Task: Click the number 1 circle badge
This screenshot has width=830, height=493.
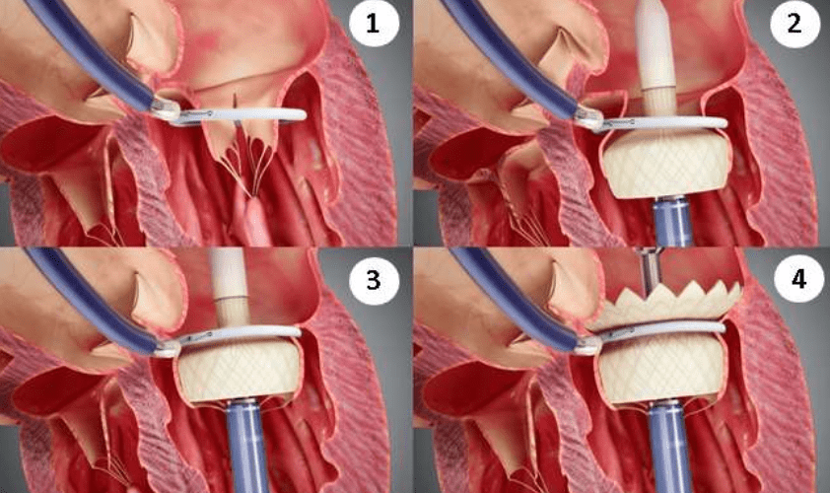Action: click(x=374, y=24)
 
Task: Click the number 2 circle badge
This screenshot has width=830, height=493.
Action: click(x=794, y=24)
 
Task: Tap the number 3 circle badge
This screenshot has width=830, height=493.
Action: click(x=374, y=279)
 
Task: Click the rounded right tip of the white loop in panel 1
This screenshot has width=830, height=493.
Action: click(x=303, y=115)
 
